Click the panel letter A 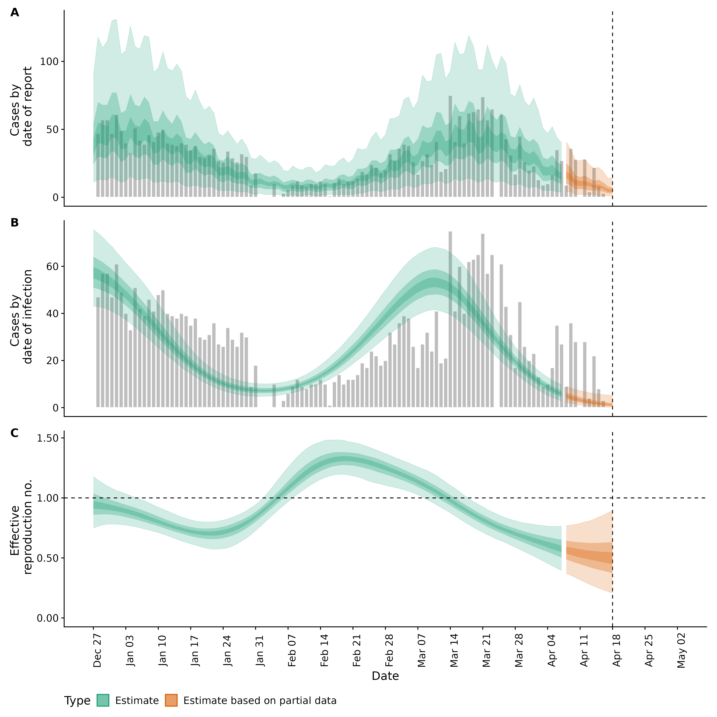15,13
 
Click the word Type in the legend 77,701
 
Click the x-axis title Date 385,676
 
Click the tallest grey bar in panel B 450,319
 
